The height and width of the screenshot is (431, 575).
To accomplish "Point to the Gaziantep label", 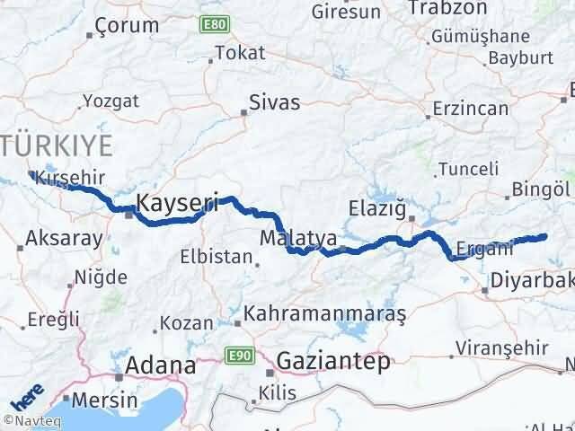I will click(334, 361).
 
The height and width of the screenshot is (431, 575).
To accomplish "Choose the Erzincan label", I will click(470, 109).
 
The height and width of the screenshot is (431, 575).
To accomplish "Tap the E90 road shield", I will click(238, 356).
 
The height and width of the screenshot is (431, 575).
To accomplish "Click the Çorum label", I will click(127, 25).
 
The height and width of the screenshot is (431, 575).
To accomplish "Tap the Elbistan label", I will click(217, 256).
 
